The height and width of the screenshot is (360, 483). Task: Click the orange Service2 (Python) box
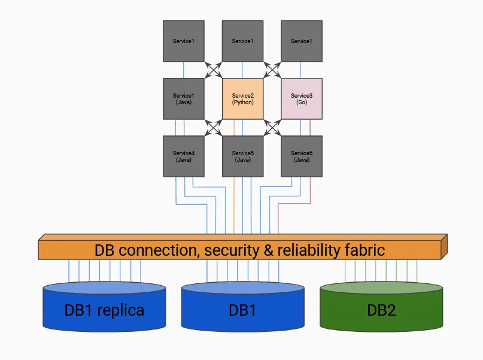(x=242, y=98)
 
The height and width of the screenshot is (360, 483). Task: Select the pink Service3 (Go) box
(x=301, y=98)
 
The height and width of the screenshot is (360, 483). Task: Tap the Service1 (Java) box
(x=184, y=98)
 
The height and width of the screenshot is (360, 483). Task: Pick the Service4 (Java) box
(x=184, y=156)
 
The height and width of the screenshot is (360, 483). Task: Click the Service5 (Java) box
(x=242, y=156)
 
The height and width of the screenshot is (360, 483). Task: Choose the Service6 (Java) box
(x=301, y=156)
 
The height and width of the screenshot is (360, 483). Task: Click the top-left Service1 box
(x=184, y=41)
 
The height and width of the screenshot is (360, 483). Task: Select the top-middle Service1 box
(x=242, y=41)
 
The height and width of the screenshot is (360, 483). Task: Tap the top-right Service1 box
(x=301, y=41)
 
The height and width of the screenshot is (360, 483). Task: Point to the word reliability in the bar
(x=309, y=250)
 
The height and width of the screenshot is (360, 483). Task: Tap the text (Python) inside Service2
(x=242, y=102)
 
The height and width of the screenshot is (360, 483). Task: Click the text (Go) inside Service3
(x=301, y=102)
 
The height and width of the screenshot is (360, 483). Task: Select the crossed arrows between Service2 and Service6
(x=272, y=128)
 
